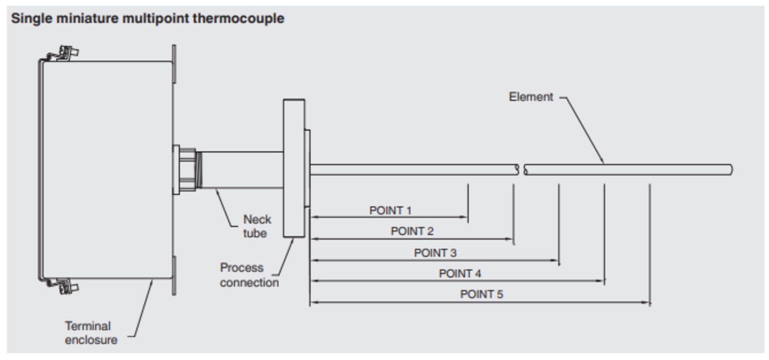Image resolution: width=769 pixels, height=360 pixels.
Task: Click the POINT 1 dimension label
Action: (x=390, y=210)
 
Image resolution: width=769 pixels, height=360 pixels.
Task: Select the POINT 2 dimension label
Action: (x=412, y=231)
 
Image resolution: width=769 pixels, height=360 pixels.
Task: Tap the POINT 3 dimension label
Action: (x=435, y=253)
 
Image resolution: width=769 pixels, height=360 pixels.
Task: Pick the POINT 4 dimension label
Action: (x=460, y=274)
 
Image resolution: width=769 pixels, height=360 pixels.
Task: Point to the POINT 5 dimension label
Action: (x=481, y=294)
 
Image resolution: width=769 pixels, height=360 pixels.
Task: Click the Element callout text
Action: (x=531, y=97)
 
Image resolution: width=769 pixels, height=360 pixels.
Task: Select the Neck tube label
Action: (x=256, y=226)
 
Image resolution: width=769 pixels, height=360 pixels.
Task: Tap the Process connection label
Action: (x=249, y=275)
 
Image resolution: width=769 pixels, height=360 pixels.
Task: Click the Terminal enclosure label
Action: (x=90, y=333)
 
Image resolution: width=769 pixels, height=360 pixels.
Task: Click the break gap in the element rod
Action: (x=521, y=170)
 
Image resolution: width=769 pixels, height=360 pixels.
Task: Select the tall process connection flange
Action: (x=294, y=168)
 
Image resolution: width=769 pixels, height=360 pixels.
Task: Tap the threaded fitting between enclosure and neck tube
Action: (x=188, y=169)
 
